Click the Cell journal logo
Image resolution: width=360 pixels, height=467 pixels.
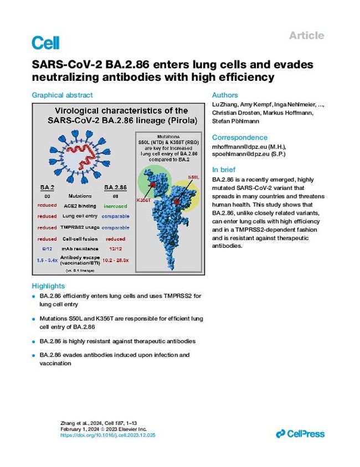click(x=45, y=42)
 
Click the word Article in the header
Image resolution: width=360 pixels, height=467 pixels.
click(x=306, y=35)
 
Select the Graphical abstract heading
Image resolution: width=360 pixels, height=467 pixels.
click(x=61, y=95)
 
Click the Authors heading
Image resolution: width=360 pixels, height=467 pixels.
click(x=225, y=95)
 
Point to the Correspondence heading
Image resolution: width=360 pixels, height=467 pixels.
click(x=240, y=137)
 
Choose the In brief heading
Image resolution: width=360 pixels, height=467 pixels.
click(x=224, y=169)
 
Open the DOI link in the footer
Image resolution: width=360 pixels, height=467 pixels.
click(x=108, y=435)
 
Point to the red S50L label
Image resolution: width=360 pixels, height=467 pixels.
click(x=194, y=177)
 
